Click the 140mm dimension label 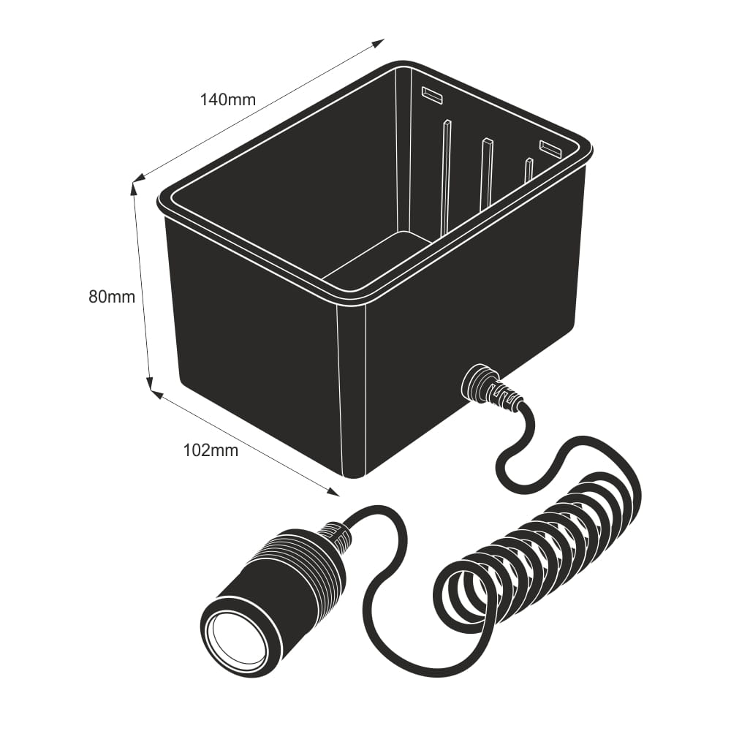(228, 99)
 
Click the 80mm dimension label (112, 297)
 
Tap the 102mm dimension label (211, 450)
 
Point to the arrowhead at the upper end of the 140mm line (379, 42)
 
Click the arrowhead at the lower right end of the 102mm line (334, 492)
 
